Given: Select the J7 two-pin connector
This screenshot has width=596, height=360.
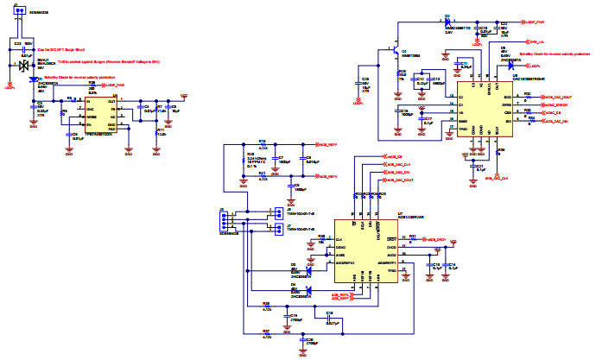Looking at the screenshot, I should (x=276, y=230).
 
